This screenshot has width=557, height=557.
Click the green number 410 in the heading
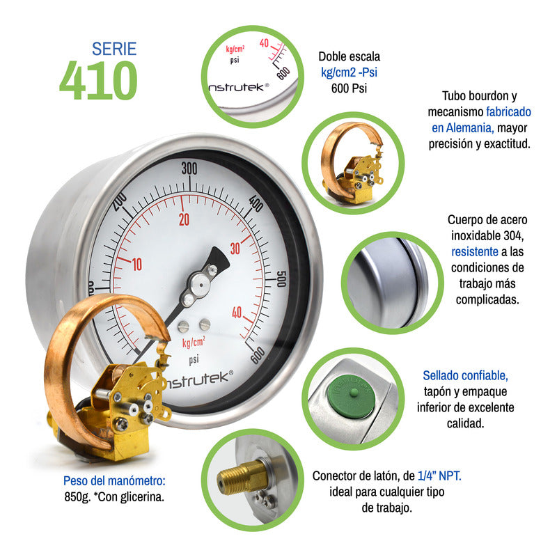point(98,81)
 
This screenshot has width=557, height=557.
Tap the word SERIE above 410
point(114,49)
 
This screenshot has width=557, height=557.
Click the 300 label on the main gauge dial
point(189,168)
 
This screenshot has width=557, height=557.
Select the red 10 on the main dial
point(136,264)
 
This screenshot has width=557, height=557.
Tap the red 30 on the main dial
point(235,249)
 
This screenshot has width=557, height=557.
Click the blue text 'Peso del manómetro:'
point(114,480)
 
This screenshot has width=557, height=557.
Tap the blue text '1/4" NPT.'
point(439,476)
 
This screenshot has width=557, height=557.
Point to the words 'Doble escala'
point(349,56)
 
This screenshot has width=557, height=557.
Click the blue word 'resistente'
point(475,251)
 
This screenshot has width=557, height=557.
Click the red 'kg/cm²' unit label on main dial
point(194,343)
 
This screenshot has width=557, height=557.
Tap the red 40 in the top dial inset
point(264,43)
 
